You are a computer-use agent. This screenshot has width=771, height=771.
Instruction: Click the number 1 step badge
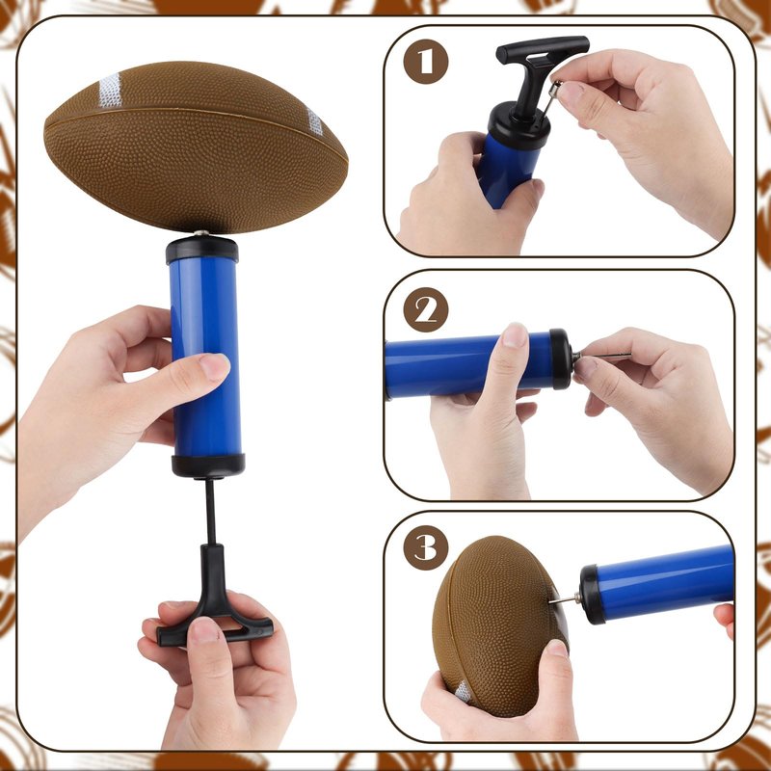pyautogui.click(x=426, y=62)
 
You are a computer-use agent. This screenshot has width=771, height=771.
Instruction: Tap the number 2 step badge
pyautogui.click(x=426, y=309)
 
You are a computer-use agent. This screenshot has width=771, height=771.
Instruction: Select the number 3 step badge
pyautogui.click(x=426, y=547)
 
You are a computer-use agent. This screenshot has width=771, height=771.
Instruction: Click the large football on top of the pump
pyautogui.click(x=196, y=146)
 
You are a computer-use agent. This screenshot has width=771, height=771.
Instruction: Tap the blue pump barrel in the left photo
pyautogui.click(x=205, y=357)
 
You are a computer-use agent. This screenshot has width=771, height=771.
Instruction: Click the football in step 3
pyautogui.click(x=500, y=625)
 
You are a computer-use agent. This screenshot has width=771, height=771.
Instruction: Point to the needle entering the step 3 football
pyautogui.click(x=565, y=599)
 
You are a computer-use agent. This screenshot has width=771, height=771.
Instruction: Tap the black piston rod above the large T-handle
pyautogui.click(x=210, y=512)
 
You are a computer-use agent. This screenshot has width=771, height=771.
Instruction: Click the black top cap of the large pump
pyautogui.click(x=202, y=250)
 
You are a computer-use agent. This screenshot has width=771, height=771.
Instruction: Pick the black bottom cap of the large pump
pyautogui.click(x=208, y=465)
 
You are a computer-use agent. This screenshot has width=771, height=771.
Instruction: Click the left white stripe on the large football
pyautogui.click(x=110, y=91)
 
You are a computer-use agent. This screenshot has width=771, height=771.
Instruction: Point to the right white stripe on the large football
pyautogui.click(x=315, y=121)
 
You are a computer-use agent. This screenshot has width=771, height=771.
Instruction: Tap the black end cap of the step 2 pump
pyautogui.click(x=561, y=359)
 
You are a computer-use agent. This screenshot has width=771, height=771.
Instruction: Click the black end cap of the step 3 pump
pyautogui.click(x=592, y=594)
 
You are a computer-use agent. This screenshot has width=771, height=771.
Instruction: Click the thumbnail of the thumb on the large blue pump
pyautogui.click(x=214, y=367)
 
